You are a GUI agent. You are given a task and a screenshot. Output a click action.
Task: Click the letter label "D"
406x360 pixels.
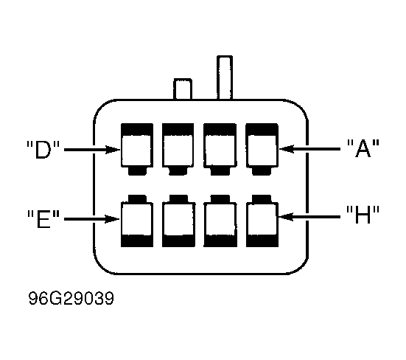point(43,150)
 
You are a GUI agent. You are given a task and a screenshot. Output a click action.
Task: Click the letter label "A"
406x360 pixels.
point(363,148)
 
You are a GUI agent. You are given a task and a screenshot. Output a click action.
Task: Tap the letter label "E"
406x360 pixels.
point(43,219)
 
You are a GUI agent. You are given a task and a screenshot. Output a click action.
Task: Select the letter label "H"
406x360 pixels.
point(363,215)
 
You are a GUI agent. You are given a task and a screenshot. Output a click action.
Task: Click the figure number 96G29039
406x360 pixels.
point(71,298)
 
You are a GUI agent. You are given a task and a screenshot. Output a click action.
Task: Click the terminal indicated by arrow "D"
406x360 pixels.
point(137,149)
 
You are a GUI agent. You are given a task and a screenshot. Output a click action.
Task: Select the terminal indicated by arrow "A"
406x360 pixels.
point(262,149)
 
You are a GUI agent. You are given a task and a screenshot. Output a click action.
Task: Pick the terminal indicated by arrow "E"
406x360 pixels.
point(137,221)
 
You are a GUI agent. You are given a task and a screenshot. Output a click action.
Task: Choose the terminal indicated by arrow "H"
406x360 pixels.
point(262,221)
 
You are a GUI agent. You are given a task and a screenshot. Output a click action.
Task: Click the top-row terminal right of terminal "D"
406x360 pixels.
point(178,149)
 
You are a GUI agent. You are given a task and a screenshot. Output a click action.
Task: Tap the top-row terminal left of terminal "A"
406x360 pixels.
point(220,149)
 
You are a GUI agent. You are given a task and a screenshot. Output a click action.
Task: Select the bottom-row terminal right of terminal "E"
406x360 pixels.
point(178,221)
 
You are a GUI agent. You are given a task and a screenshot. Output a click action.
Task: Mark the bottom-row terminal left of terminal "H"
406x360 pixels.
point(220,221)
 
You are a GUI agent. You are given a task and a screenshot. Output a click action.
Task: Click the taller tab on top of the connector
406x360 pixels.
point(225,77)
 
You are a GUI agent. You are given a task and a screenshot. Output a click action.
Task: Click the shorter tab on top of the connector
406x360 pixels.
point(183,89)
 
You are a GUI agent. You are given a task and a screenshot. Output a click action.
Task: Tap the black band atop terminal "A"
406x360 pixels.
point(262,129)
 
